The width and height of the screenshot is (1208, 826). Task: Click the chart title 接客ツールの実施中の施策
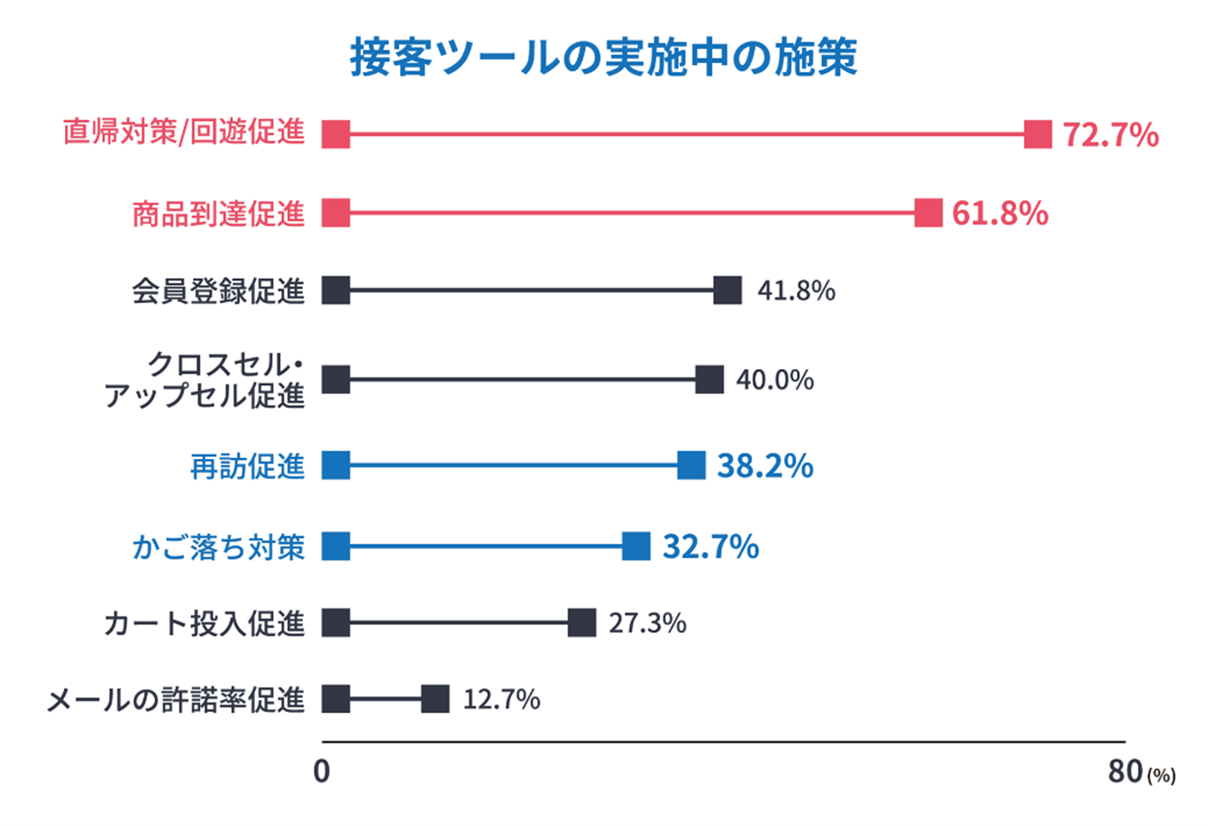click(x=604, y=58)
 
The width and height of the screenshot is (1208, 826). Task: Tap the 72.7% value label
click(x=1110, y=135)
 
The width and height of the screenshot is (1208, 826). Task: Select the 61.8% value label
click(x=1000, y=213)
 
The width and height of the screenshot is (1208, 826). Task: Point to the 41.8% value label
click(x=796, y=291)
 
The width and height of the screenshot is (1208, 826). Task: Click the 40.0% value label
click(x=774, y=381)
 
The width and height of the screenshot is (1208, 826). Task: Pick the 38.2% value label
click(x=764, y=466)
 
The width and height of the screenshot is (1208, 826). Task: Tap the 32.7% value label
click(x=710, y=546)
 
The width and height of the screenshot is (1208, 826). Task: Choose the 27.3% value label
click(x=647, y=623)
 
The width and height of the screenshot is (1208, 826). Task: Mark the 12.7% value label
click(x=501, y=700)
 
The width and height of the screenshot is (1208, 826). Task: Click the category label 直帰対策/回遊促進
click(x=184, y=132)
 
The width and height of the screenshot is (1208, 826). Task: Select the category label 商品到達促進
click(x=218, y=213)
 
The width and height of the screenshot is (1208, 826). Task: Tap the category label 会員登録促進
click(x=218, y=291)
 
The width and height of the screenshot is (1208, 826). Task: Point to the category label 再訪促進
click(x=247, y=466)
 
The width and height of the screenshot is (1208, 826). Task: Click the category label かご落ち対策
click(x=218, y=547)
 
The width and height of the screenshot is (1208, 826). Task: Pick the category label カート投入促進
click(x=204, y=623)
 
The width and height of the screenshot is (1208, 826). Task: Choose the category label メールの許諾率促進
click(x=175, y=701)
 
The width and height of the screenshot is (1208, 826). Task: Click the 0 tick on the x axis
click(x=322, y=771)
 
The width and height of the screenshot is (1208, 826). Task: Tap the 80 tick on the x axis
click(x=1125, y=771)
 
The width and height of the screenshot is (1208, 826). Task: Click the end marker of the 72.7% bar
click(x=1037, y=134)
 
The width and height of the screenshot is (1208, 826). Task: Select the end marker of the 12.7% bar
click(x=435, y=700)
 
